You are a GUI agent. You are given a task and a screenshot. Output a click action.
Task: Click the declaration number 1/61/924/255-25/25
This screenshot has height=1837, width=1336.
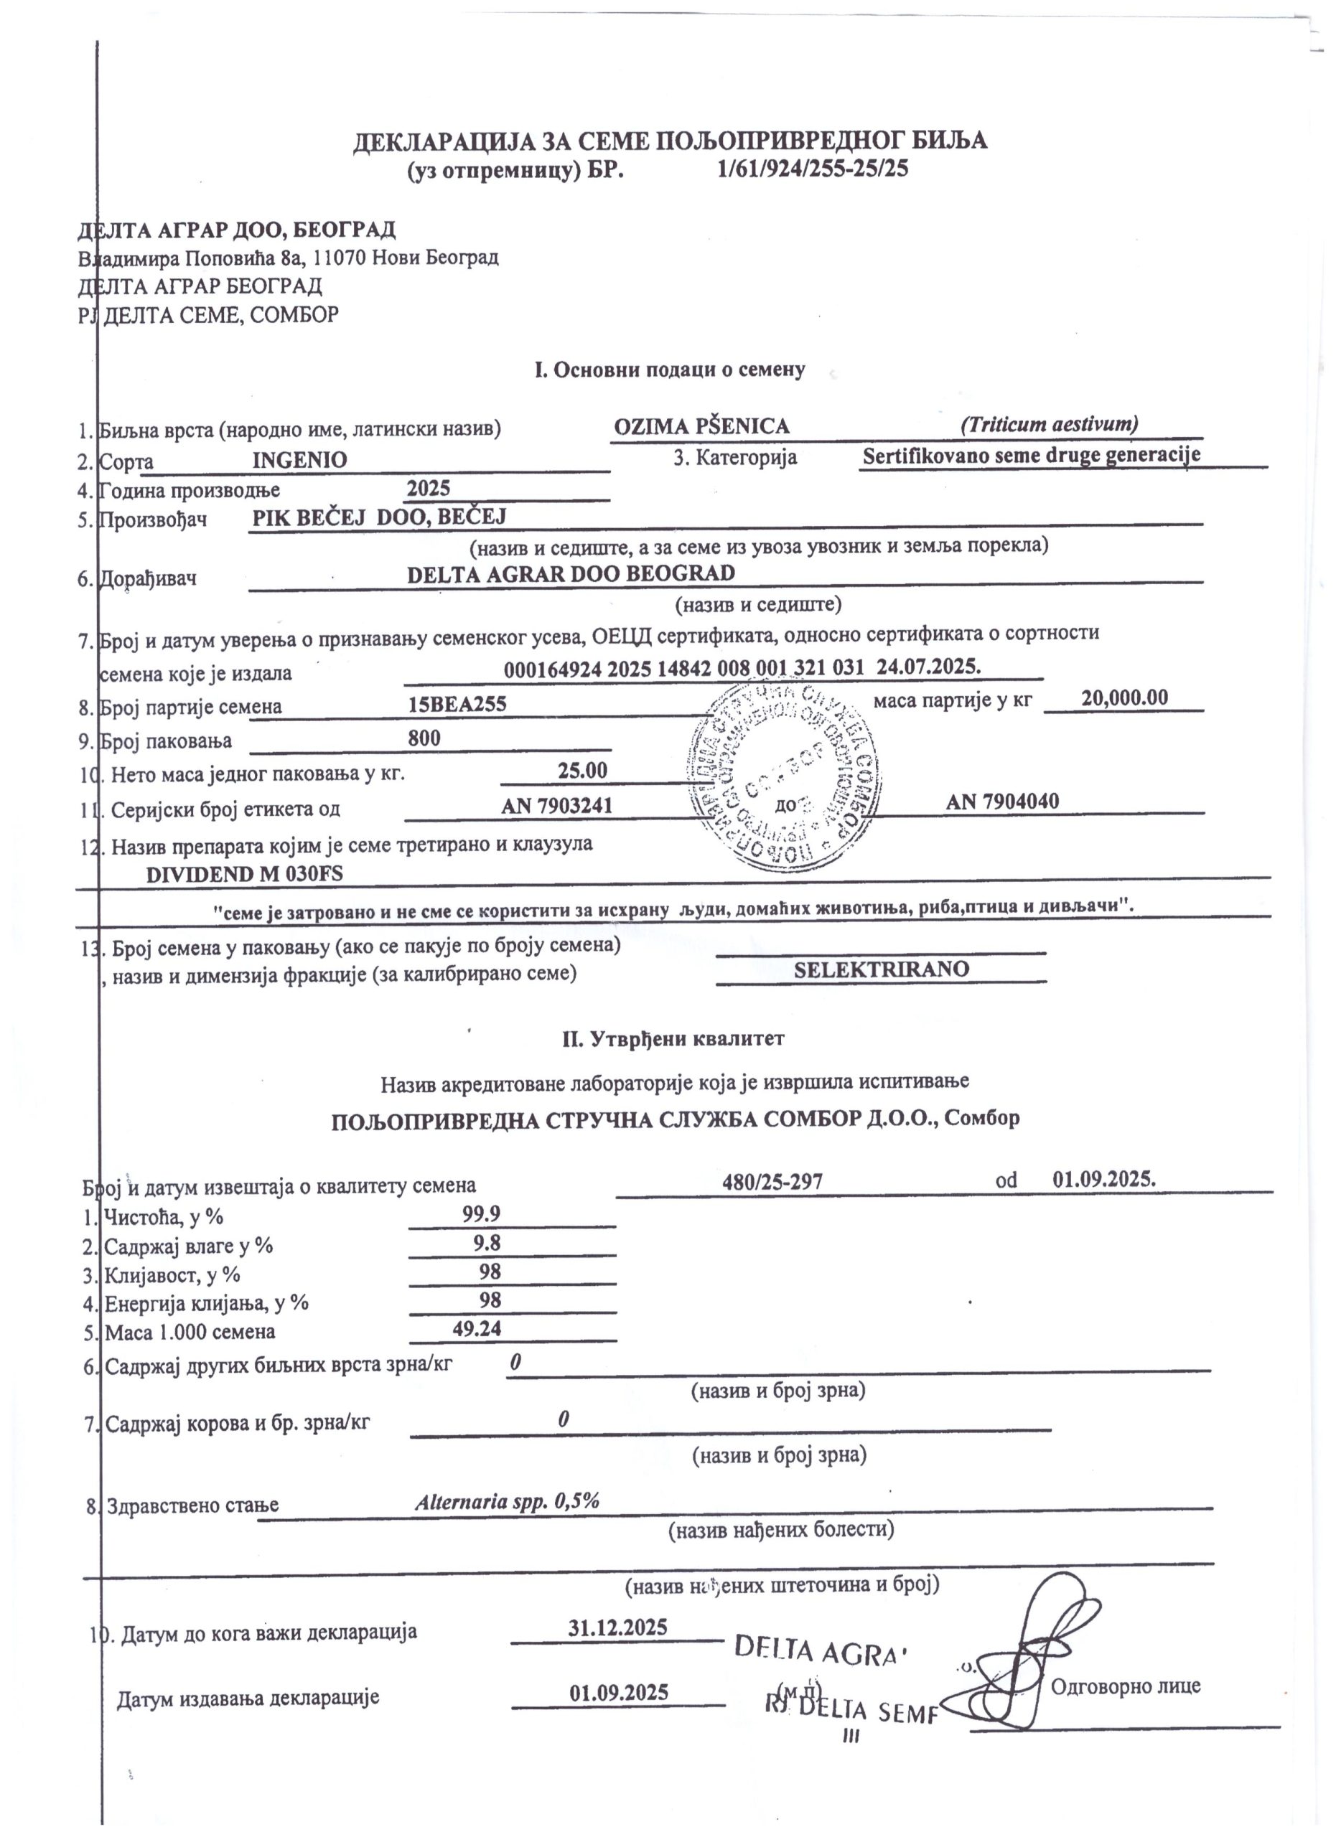[x=813, y=169]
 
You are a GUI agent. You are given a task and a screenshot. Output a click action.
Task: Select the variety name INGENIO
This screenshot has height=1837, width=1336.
[x=300, y=459]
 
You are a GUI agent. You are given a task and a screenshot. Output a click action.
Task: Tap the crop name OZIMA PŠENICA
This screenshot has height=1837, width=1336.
[x=701, y=426]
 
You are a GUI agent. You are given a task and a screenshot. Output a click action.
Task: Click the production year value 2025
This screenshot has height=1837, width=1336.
[x=429, y=489]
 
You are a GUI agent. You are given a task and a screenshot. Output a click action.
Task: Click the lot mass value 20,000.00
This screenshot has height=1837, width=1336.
[x=1124, y=697]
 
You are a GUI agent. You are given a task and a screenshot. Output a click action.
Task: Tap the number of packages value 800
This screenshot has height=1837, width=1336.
[x=424, y=738]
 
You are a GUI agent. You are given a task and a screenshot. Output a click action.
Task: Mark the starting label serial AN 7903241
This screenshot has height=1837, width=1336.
[x=556, y=805]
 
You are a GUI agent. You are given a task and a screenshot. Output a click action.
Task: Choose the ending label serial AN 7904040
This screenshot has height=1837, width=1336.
[x=1002, y=801]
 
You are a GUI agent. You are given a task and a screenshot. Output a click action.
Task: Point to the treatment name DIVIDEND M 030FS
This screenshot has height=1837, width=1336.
[x=245, y=874]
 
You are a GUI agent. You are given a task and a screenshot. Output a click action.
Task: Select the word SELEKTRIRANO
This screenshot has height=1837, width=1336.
[x=881, y=969]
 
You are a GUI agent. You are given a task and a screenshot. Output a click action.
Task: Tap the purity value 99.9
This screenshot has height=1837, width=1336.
[x=477, y=1213]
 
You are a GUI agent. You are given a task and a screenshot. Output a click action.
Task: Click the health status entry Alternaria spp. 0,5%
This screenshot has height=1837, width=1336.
[x=507, y=1501]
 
